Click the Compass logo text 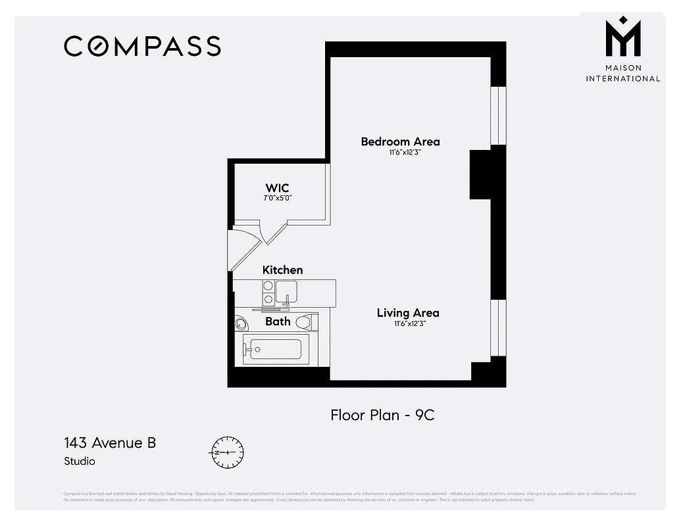pos(142,46)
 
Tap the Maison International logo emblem pos(622,39)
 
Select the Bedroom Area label pos(400,141)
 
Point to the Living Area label pos(407,313)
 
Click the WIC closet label pos(277,188)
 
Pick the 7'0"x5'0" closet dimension pos(277,198)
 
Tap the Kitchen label pos(282,270)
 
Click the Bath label pos(278,322)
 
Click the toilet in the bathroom pos(305,322)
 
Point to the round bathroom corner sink pos(240,323)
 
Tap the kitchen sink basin pos(286,290)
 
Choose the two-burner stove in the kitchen pos(268,293)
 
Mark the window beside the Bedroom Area pos(499,115)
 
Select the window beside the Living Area pos(499,327)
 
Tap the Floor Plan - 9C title pos(382,415)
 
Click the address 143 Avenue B pos(110,442)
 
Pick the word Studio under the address pos(80,462)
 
